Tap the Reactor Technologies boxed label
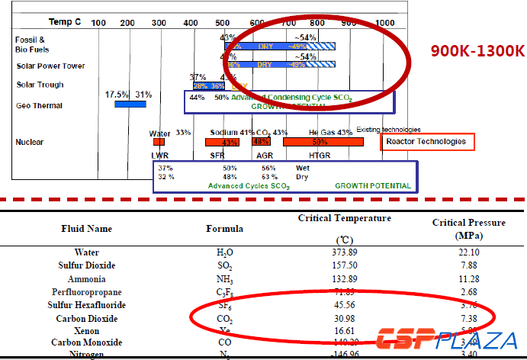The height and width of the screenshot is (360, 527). click(426, 142)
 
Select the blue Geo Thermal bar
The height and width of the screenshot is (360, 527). click(130, 103)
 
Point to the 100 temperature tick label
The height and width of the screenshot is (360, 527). click(98, 23)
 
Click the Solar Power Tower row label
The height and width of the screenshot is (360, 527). click(50, 66)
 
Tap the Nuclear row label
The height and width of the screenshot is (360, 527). click(29, 142)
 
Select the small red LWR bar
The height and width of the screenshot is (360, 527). click(159, 141)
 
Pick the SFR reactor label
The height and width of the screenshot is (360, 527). click(217, 155)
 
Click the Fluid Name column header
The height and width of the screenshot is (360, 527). click(86, 228)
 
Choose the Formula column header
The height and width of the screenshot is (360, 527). click(224, 228)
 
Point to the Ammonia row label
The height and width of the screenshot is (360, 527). click(86, 279)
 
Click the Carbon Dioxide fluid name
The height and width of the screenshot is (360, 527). click(86, 319)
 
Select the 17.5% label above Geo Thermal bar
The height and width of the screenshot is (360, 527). click(116, 95)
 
